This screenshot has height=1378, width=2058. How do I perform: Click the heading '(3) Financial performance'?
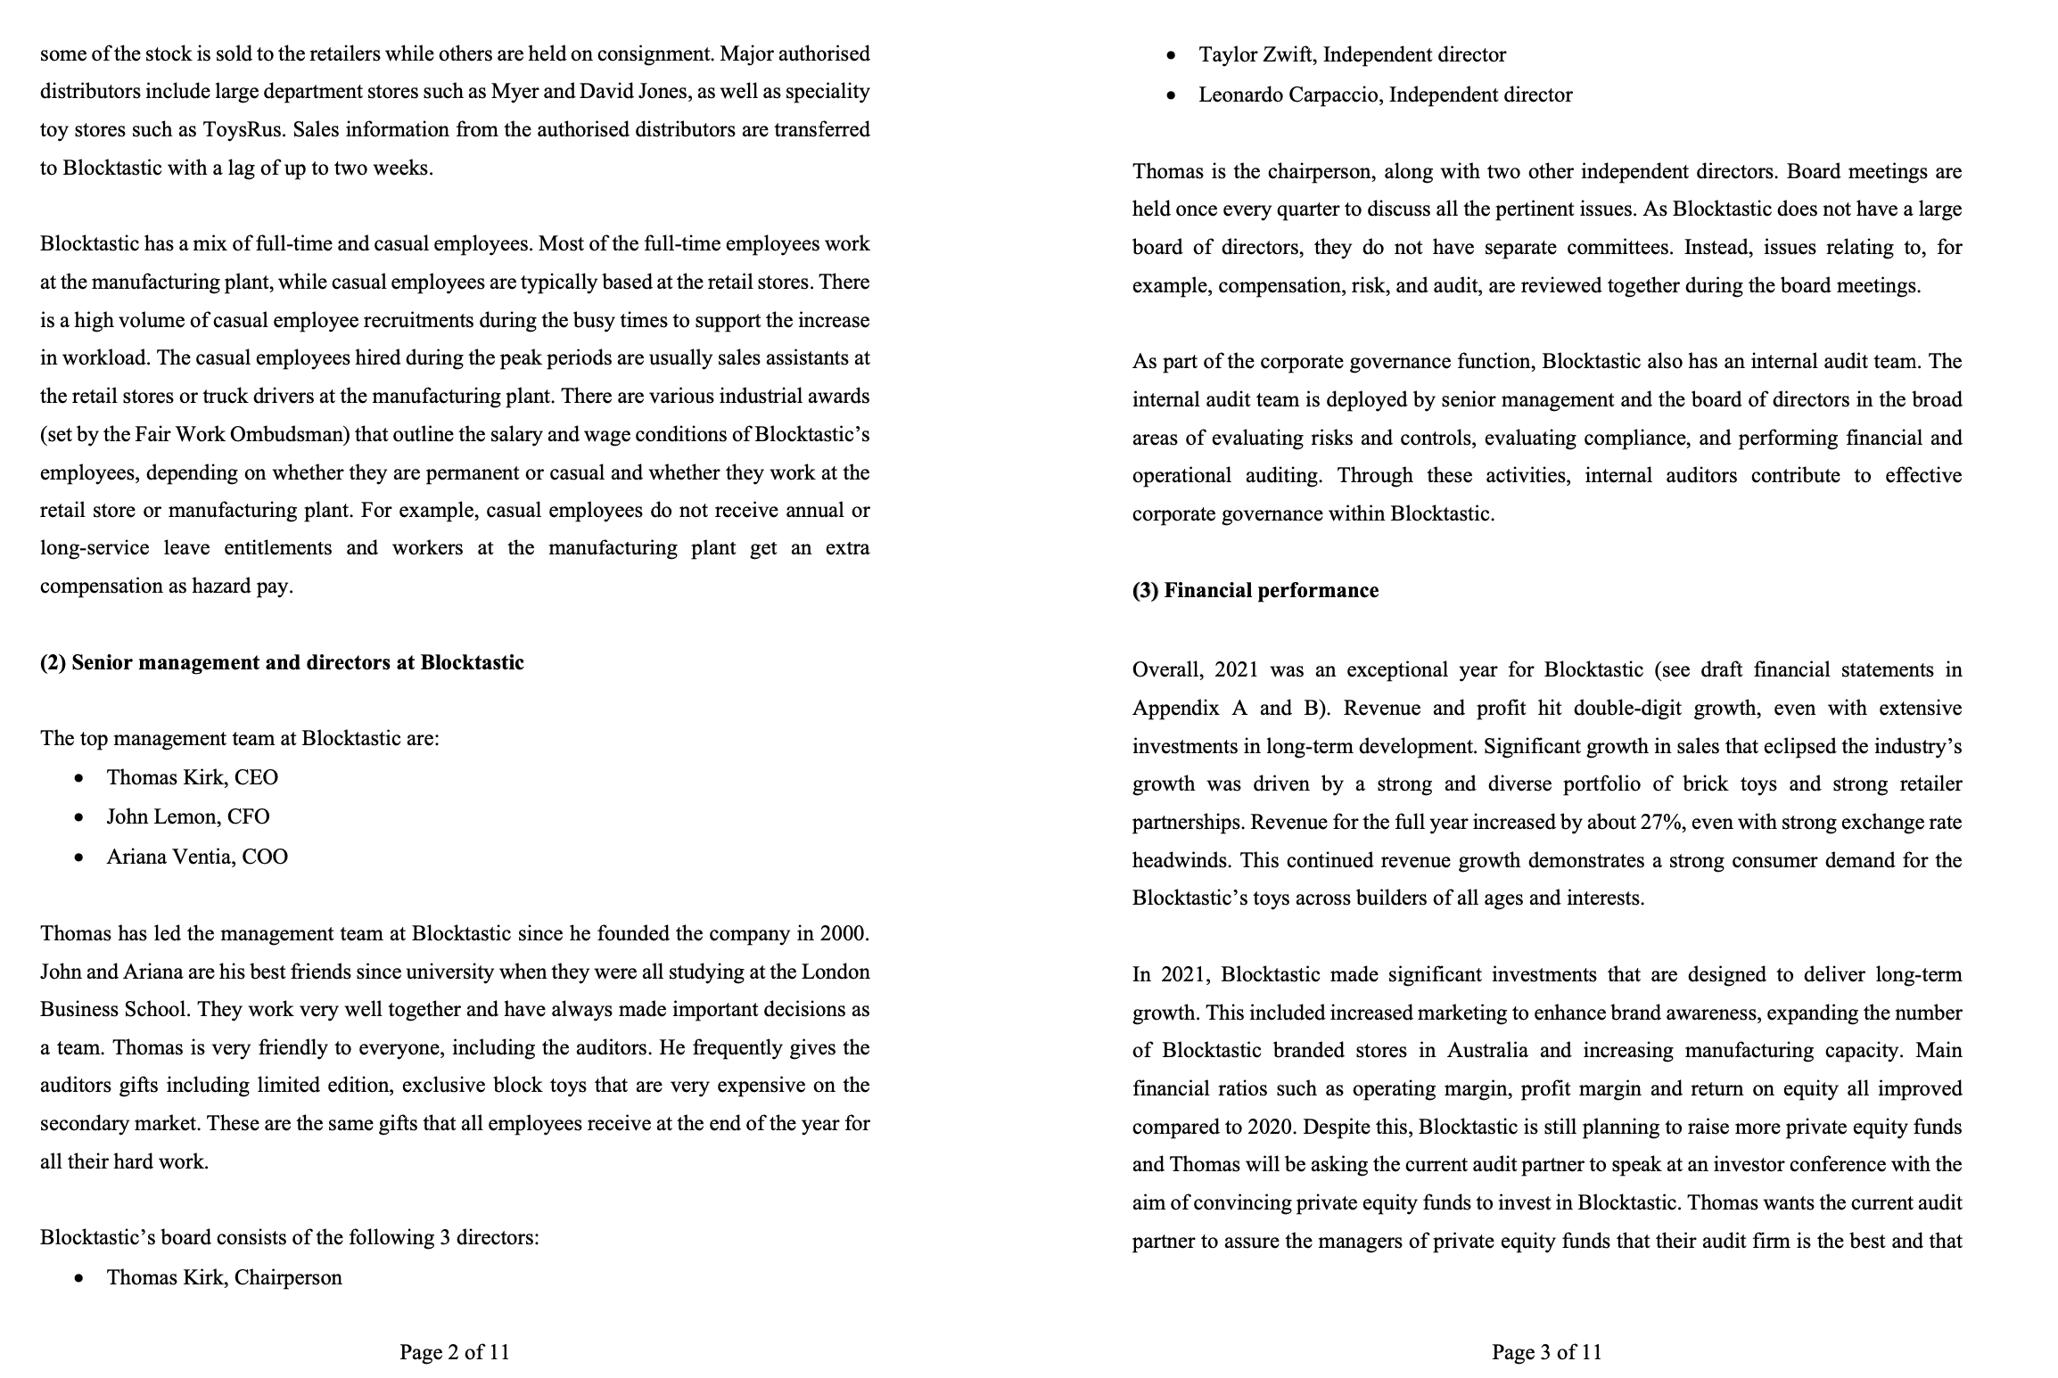pos(1255,591)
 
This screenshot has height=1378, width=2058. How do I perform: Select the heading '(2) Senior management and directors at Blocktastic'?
pos(282,663)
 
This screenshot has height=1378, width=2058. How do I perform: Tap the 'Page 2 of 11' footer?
pos(454,1352)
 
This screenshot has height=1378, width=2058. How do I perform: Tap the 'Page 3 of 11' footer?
pos(1546,1352)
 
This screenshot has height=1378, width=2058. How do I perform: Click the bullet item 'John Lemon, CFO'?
pos(187,817)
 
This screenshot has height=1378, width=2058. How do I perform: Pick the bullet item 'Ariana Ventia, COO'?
pos(196,857)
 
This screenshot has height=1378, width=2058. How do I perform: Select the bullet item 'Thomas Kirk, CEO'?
pos(192,778)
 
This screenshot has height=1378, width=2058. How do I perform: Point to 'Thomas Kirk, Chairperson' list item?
pos(224,1278)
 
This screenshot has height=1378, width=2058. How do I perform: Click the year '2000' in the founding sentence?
pos(843,934)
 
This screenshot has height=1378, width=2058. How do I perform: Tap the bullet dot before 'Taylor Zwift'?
pos(1172,56)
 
